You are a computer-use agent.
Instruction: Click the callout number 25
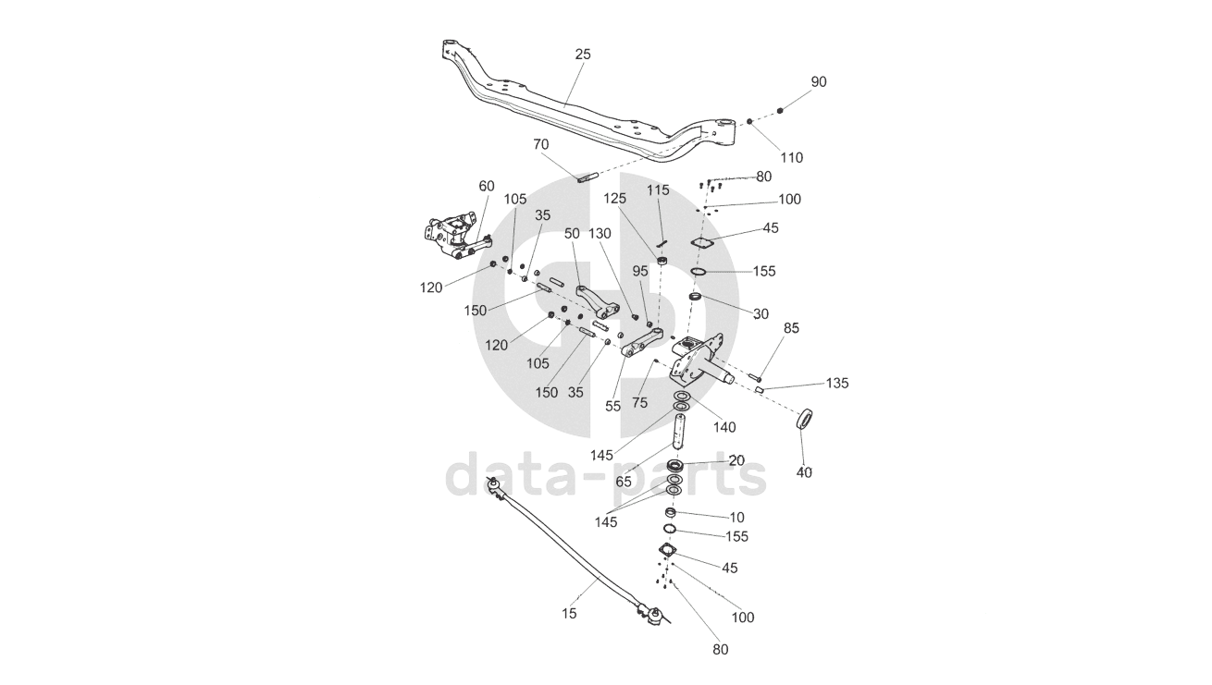582,55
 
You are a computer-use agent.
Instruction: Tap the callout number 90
819,82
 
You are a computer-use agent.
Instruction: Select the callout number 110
791,157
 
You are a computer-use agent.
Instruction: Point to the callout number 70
541,144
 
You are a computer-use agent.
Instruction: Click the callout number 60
487,186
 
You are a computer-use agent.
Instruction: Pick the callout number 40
804,471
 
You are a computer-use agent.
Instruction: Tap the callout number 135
837,383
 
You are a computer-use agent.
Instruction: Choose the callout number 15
569,613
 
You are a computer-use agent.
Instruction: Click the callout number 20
736,460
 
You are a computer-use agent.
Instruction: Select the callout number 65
624,482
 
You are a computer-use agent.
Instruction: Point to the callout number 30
761,313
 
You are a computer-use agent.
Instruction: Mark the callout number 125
615,199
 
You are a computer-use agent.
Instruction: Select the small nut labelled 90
781,111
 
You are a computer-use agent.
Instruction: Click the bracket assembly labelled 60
451,237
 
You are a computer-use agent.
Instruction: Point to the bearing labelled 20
675,465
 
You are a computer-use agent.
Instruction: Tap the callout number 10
736,517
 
